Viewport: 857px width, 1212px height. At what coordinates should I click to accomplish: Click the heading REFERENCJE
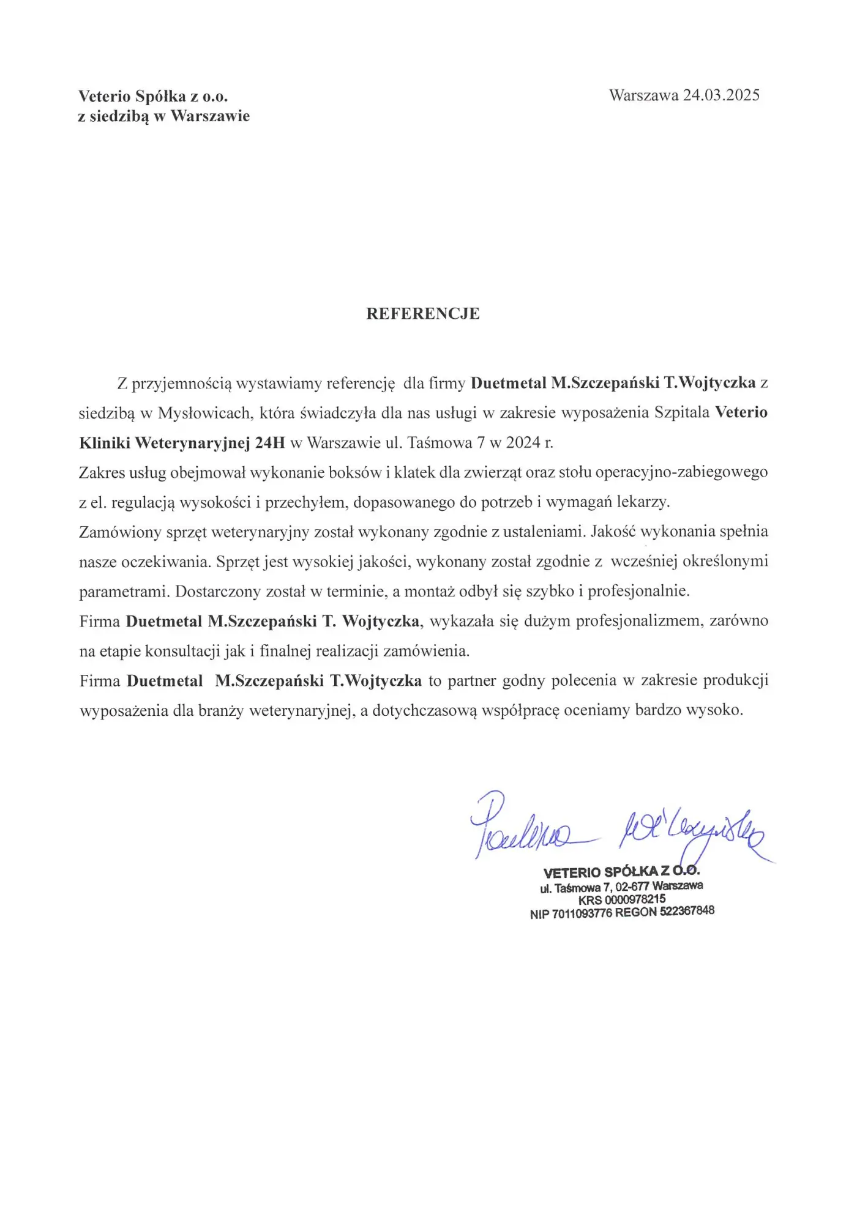click(x=423, y=314)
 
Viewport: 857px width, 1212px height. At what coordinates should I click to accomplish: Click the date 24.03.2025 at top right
click(x=721, y=95)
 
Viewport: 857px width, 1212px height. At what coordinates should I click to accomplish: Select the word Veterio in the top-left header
click(x=105, y=97)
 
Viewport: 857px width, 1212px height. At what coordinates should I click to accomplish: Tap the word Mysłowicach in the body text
click(x=204, y=413)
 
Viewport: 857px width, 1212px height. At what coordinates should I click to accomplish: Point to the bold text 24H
click(x=270, y=443)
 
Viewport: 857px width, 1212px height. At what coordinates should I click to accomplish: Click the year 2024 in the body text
click(x=523, y=443)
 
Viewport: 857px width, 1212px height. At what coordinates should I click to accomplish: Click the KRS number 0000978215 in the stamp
click(x=635, y=899)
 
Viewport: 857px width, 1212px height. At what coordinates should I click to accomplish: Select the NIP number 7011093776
click(x=582, y=914)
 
